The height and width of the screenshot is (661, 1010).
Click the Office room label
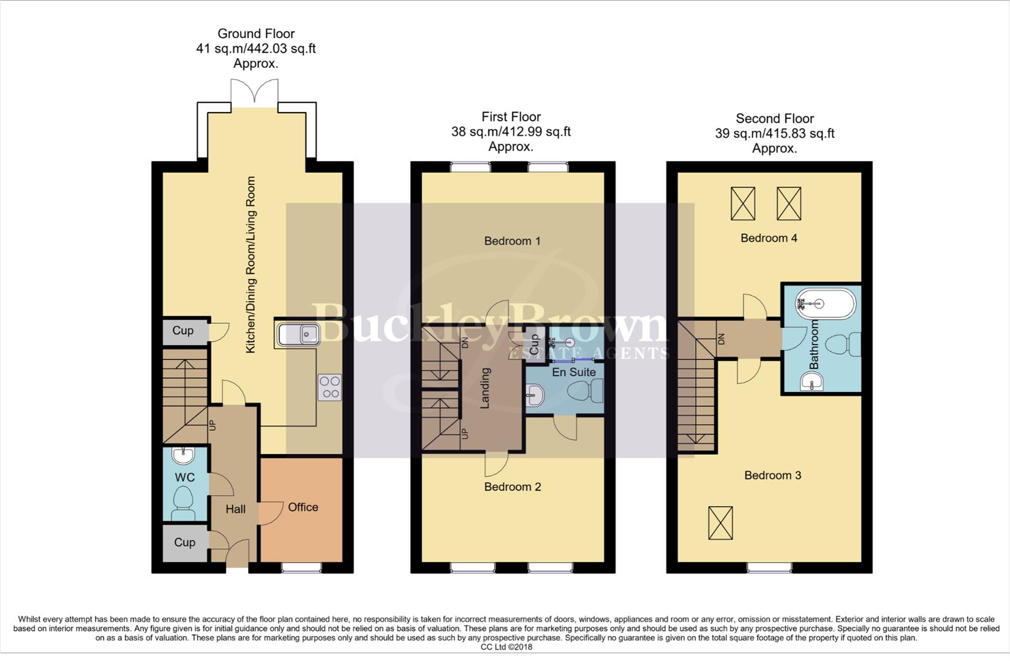(x=303, y=507)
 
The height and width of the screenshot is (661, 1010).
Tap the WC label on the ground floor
(x=184, y=477)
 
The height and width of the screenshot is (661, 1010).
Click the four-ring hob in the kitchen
(x=330, y=387)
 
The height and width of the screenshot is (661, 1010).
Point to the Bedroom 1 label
(x=512, y=241)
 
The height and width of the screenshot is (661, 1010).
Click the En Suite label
(x=573, y=372)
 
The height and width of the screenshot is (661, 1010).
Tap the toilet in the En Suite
(x=587, y=390)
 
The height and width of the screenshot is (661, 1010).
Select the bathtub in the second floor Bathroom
(x=824, y=303)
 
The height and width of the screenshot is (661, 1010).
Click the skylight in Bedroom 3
(x=720, y=523)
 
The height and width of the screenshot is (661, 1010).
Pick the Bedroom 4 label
(x=769, y=238)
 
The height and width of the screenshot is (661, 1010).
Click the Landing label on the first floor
(x=484, y=388)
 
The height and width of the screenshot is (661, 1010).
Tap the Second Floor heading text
(x=774, y=119)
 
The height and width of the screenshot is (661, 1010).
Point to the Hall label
(x=235, y=509)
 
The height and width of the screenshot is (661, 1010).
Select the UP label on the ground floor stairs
(x=213, y=424)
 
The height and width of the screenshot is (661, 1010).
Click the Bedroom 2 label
(x=512, y=487)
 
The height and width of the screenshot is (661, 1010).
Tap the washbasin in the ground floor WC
(x=183, y=455)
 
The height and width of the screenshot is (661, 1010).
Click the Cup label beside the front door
(x=184, y=543)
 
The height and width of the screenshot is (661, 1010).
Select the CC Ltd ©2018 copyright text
(x=506, y=647)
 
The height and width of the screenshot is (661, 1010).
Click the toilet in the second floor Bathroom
(x=843, y=345)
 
